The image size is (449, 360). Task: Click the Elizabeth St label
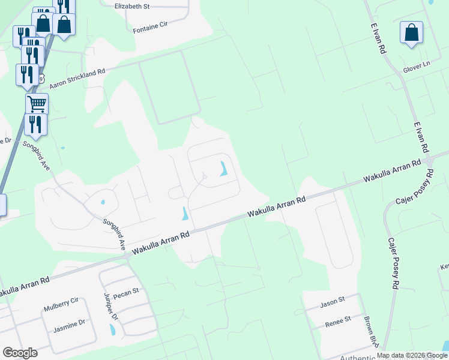click(131, 6)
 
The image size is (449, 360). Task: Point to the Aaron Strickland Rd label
click(77, 79)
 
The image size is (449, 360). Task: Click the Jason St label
click(333, 304)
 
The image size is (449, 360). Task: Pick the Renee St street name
click(337, 322)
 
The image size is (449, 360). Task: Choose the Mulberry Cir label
click(61, 308)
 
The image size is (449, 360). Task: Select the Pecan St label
click(127, 292)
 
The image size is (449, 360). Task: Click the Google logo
click(20, 353)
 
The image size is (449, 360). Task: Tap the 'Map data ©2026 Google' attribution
click(412, 355)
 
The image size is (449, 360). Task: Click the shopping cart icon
click(37, 103)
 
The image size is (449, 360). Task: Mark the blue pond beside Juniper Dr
click(112, 329)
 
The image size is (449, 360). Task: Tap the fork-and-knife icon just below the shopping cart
click(37, 124)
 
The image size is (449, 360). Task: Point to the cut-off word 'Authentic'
click(358, 358)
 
